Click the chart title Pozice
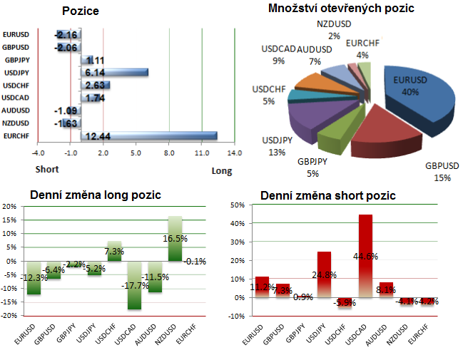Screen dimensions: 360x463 (81, 11)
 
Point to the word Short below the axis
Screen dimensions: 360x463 (48, 170)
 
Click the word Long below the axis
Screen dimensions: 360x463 (222, 170)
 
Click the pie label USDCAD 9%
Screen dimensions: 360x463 (278, 55)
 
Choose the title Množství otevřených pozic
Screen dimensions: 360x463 (342, 9)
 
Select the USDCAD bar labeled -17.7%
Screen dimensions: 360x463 (135, 284)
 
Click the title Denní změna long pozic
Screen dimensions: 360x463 (95, 195)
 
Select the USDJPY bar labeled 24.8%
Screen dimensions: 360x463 (325, 274)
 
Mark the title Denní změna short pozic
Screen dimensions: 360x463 (328, 195)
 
